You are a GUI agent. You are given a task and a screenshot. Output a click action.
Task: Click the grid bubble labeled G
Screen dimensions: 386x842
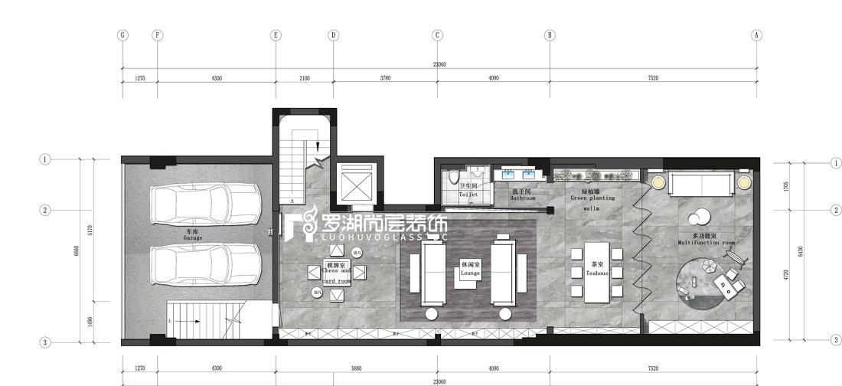122,34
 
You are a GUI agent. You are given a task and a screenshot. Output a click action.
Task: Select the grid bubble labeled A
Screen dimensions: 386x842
756,34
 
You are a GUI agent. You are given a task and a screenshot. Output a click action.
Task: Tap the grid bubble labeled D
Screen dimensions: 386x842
333,34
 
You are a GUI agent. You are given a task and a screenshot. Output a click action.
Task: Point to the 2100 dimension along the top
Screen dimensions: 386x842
305,78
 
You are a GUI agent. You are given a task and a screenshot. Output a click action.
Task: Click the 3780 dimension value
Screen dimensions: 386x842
385,78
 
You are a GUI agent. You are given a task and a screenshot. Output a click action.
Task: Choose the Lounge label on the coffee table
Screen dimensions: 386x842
470,268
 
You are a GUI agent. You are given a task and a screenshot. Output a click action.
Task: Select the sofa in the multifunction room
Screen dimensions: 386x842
701,184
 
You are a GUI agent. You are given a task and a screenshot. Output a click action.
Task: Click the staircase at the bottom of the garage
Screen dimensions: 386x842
203,322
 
